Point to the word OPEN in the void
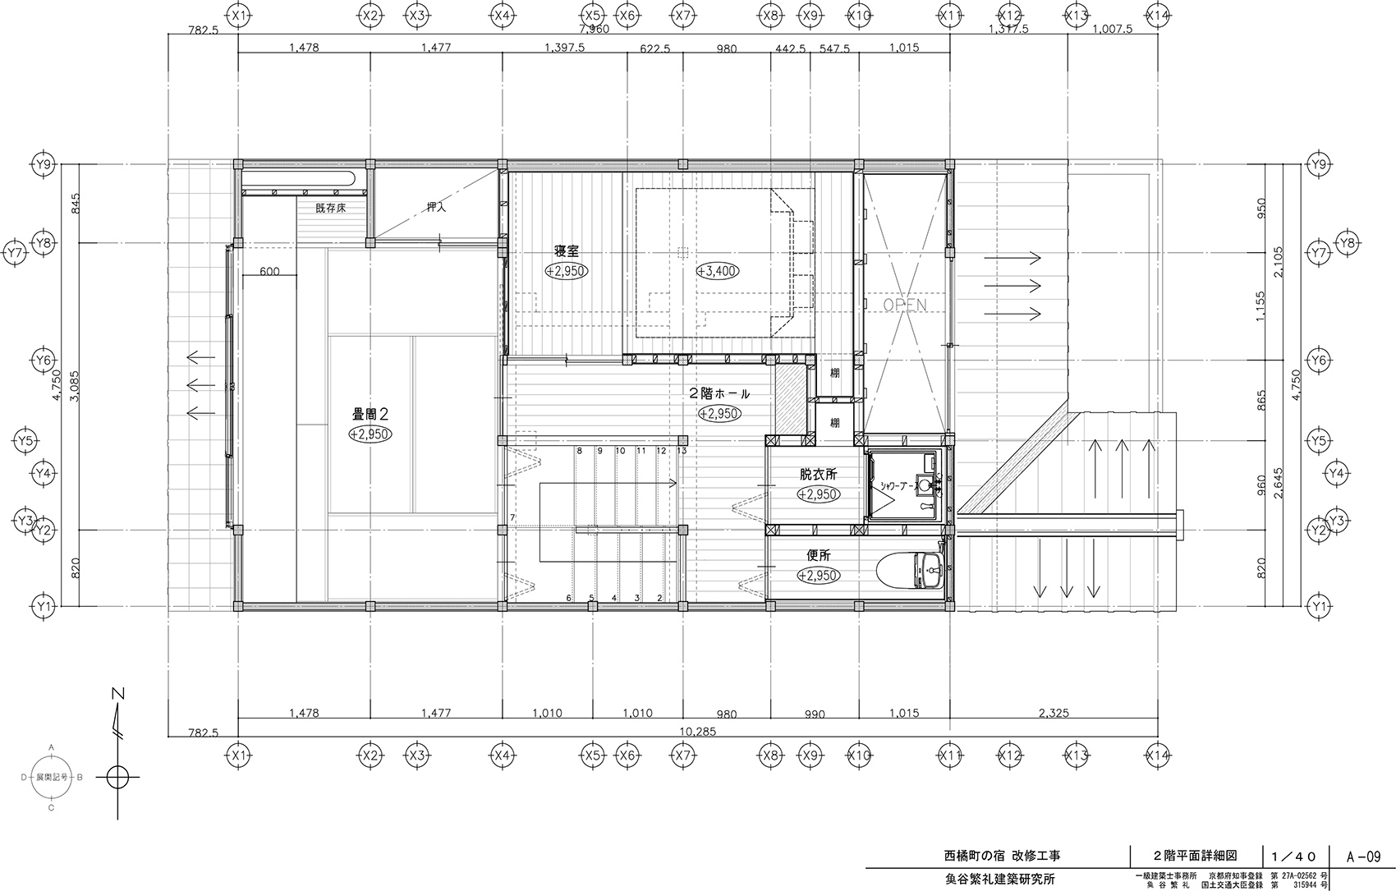click(904, 305)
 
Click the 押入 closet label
click(436, 208)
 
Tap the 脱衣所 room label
click(818, 475)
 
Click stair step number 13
click(682, 451)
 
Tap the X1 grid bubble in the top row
click(238, 15)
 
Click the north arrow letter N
click(119, 694)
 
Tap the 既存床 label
click(330, 209)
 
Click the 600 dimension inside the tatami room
click(269, 272)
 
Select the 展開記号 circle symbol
click(52, 776)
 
